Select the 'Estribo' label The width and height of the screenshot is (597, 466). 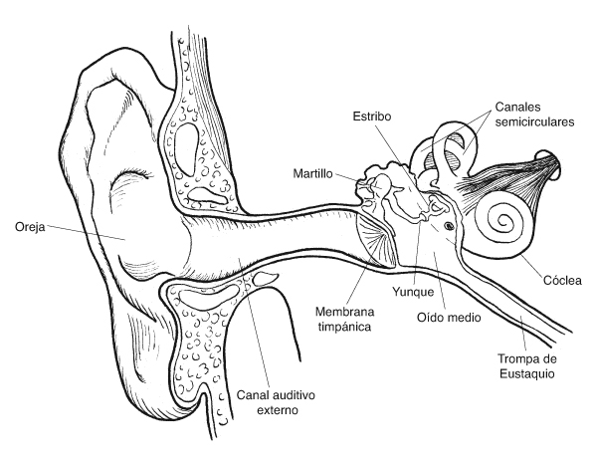click(372, 116)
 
